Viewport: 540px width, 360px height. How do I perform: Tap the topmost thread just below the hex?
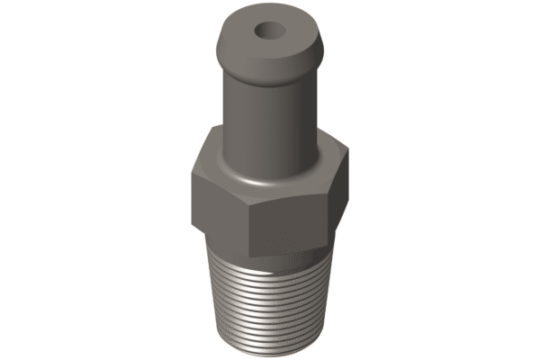[x=270, y=257]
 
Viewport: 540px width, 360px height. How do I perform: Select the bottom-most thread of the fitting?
[x=270, y=346]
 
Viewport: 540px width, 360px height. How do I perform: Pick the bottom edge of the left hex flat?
[x=220, y=236]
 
